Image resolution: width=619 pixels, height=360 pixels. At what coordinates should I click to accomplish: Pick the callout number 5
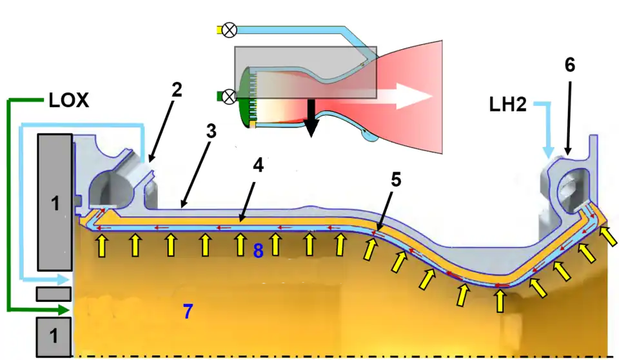395,179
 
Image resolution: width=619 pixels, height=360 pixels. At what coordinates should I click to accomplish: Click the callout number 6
569,65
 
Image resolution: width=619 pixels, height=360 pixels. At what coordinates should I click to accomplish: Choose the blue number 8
258,251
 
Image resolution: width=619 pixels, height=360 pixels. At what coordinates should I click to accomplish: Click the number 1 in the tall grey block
55,204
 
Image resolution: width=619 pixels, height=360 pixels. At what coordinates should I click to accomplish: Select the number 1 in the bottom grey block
55,335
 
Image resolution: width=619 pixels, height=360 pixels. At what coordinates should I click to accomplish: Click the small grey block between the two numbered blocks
53,294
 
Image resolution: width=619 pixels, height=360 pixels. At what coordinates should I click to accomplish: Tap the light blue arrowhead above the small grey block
62,279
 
